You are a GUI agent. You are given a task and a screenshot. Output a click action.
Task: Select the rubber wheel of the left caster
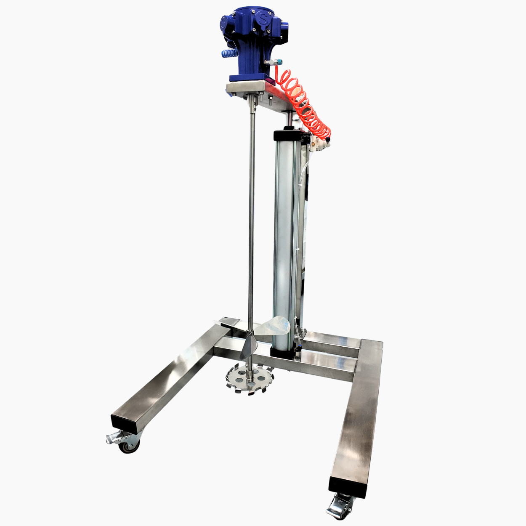point(129,446)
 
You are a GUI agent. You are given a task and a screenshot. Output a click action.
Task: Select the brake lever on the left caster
point(112,438)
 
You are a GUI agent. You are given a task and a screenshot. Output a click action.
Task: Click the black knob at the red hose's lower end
point(328,138)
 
